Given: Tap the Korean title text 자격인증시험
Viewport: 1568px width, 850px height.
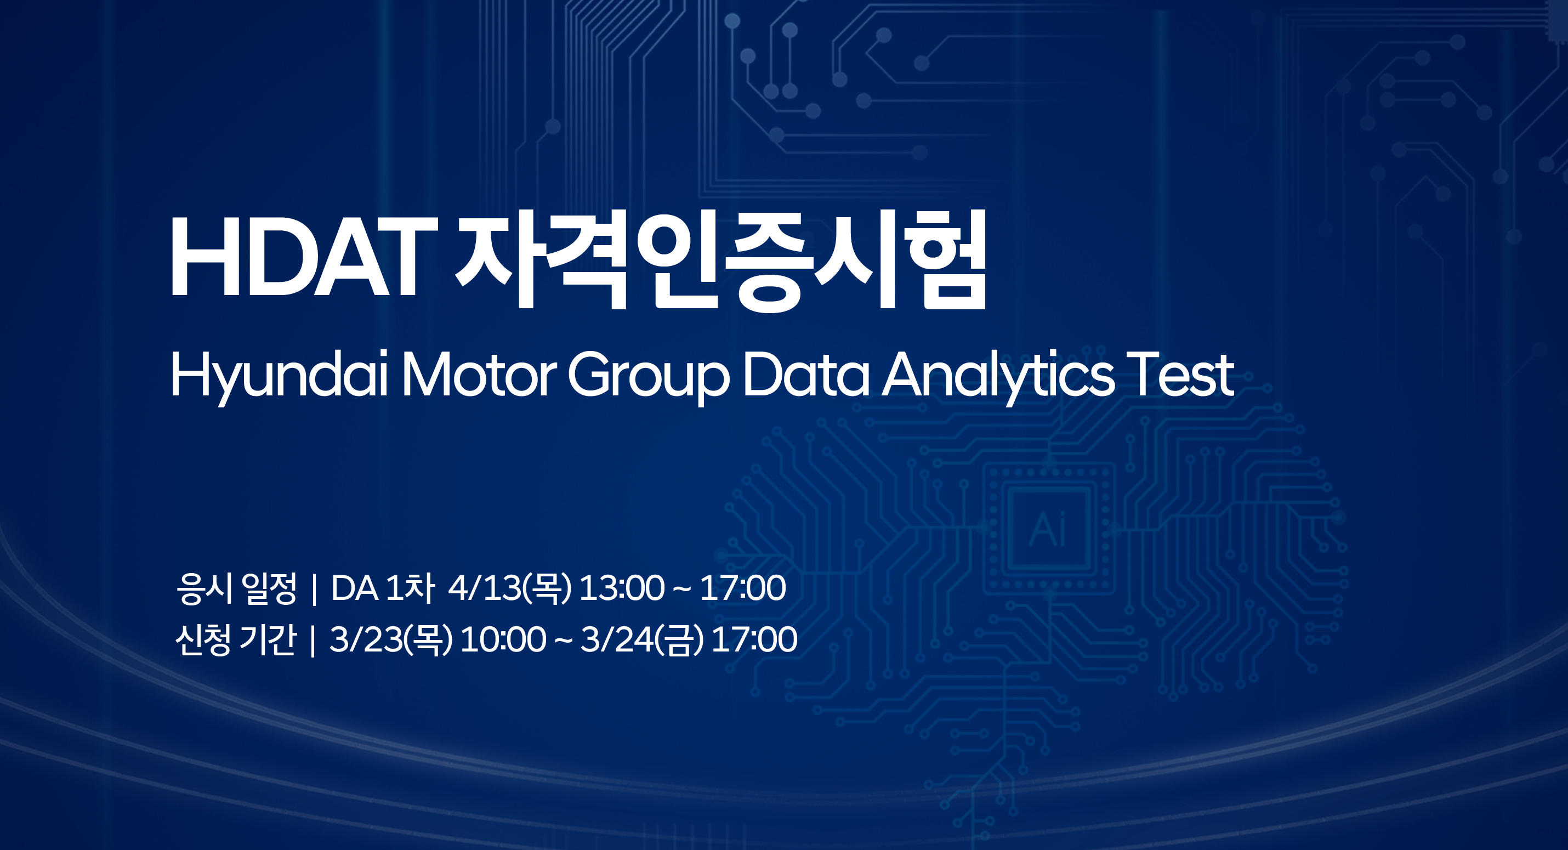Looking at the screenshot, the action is (x=721, y=259).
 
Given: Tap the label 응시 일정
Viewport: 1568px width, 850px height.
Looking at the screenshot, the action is (x=236, y=588).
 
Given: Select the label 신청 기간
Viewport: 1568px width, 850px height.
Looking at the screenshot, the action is (x=236, y=639).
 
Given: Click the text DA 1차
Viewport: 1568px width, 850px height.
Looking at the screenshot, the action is (x=382, y=588).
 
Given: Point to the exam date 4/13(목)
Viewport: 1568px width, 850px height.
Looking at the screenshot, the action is (x=510, y=588).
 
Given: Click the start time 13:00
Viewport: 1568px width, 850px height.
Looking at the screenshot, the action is (x=622, y=588).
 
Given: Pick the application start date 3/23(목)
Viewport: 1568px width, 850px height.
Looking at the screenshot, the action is (x=391, y=639).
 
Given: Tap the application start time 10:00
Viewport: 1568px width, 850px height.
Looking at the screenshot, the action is (x=503, y=639).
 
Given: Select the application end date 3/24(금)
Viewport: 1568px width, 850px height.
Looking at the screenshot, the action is (x=642, y=639).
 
